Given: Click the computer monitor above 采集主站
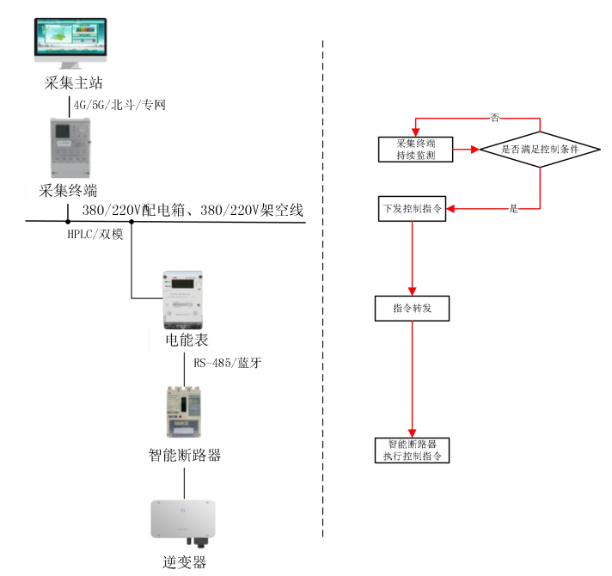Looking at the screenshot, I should (x=71, y=43).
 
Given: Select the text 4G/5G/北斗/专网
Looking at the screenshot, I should (x=119, y=105).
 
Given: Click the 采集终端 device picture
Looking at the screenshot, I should (x=71, y=148).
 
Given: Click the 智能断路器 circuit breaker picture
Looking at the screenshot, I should (x=185, y=412).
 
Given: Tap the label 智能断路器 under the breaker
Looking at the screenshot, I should (x=185, y=455).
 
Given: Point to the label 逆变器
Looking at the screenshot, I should (x=185, y=563).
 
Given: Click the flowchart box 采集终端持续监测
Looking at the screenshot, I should (x=415, y=149).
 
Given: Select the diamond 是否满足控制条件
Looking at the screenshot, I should (x=540, y=149).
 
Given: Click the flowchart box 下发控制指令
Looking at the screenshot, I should (x=413, y=209).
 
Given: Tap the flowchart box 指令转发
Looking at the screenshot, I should (x=413, y=308).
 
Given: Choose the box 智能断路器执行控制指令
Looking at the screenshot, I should (x=413, y=450).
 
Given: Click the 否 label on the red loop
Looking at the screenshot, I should (x=495, y=116).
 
